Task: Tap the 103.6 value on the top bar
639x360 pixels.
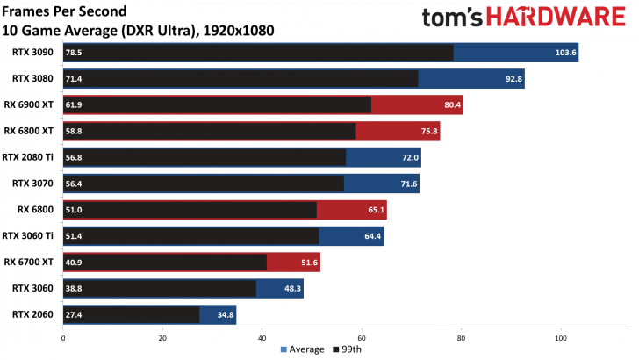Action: [566, 53]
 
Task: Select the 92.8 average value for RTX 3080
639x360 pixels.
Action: [513, 79]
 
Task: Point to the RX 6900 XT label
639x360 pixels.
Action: [30, 105]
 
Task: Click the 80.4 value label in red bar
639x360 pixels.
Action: [451, 105]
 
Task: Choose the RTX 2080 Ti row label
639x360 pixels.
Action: [28, 157]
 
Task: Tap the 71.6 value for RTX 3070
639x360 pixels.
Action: [407, 184]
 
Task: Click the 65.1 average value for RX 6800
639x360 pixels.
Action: [375, 210]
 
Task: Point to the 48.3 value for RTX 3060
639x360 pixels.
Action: [291, 288]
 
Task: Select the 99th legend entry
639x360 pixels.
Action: [348, 349]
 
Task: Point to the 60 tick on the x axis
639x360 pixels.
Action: [362, 337]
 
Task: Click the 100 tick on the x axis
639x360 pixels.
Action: [560, 337]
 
